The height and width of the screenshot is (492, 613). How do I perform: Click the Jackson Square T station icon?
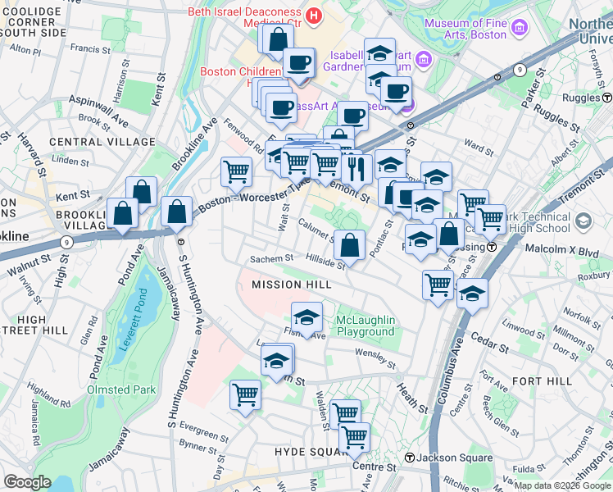click(x=408, y=458)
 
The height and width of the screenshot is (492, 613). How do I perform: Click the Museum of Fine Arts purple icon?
click(x=519, y=30)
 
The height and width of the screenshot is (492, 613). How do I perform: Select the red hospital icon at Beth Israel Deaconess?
click(x=312, y=14)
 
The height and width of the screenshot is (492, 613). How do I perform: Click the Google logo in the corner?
click(x=27, y=482)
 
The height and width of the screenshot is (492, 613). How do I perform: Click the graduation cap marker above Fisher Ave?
click(x=306, y=317)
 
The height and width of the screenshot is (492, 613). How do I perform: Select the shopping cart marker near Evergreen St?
click(x=245, y=395)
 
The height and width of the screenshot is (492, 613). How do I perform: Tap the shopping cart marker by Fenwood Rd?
click(x=236, y=171)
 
